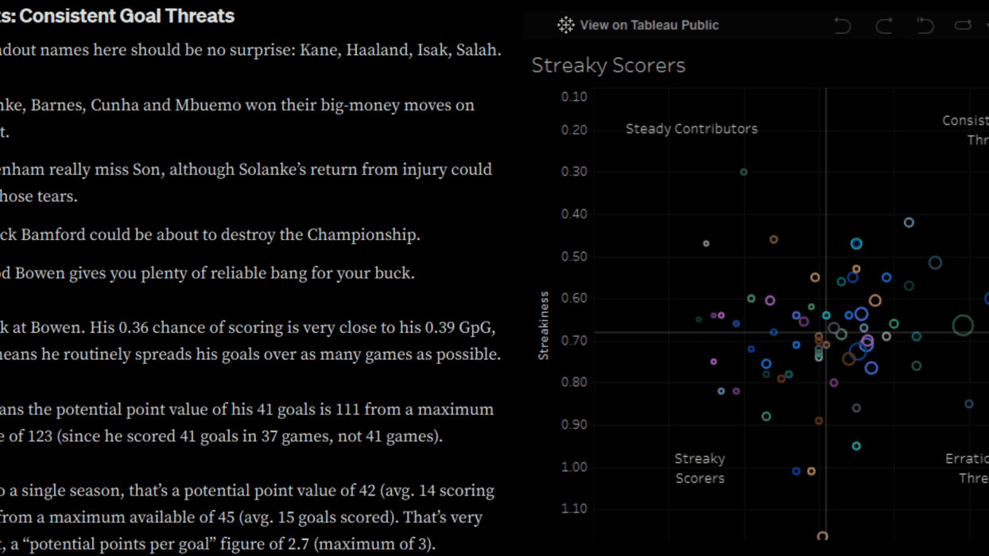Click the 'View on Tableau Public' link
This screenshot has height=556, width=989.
649,25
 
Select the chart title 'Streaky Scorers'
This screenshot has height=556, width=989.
608,65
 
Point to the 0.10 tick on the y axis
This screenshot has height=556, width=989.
574,97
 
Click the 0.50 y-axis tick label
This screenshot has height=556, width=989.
574,257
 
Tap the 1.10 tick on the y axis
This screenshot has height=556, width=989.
574,508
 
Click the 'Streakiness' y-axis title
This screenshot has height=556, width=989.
544,326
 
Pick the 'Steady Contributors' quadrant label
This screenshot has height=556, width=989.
691,129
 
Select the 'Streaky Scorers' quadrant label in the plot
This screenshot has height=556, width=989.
700,469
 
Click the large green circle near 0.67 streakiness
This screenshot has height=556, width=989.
963,325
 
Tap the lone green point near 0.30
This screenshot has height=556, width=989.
743,172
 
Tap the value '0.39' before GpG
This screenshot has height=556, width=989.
443,327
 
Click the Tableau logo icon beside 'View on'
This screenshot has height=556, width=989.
565,25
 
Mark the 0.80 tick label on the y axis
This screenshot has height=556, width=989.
574,382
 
